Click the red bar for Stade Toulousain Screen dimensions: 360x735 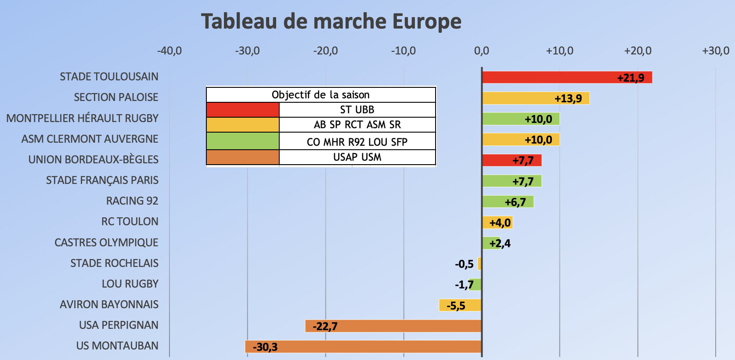pyautogui.click(x=566, y=77)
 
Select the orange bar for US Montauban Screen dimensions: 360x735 pyautogui.click(x=363, y=346)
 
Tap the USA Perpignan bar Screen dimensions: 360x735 pyautogui.click(x=393, y=326)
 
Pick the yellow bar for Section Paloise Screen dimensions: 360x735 pyautogui.click(x=536, y=98)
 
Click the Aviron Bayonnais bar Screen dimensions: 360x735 pyautogui.click(x=460, y=305)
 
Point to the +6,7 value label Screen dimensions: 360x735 pyautogui.click(x=515, y=202)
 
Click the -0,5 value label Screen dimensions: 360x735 pyautogui.click(x=464, y=264)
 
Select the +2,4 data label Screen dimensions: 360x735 pyautogui.click(x=500, y=243)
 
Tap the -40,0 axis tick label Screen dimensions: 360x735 pyautogui.click(x=169, y=51)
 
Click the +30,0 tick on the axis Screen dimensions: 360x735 pyautogui.click(x=715, y=51)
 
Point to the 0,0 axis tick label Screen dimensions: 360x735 pyautogui.click(x=481, y=51)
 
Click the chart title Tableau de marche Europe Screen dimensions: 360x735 pyautogui.click(x=331, y=21)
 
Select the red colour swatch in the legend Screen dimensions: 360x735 pyautogui.click(x=243, y=110)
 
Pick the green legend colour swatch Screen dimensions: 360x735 pyautogui.click(x=243, y=141)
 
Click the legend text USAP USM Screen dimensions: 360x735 pyautogui.click(x=357, y=157)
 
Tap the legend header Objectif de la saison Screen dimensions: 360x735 pyautogui.click(x=321, y=95)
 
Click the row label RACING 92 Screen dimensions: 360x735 pyautogui.click(x=132, y=201)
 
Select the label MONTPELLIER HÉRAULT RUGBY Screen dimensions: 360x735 pyautogui.click(x=82, y=118)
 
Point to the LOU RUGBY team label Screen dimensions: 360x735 pyautogui.click(x=130, y=284)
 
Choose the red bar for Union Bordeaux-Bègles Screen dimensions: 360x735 pyautogui.click(x=512, y=160)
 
